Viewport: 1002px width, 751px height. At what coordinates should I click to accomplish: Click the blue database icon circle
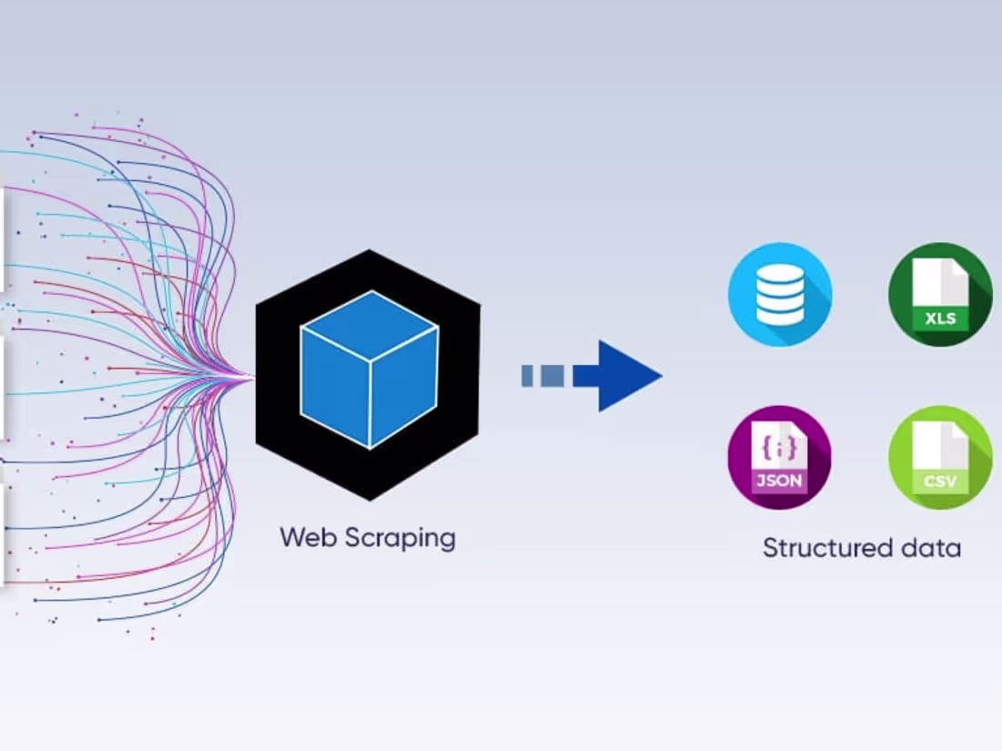780,294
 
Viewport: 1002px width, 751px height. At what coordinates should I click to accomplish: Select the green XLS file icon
940,294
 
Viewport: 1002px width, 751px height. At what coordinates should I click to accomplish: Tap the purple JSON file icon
779,457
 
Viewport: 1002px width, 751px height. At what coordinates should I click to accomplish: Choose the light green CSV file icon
940,457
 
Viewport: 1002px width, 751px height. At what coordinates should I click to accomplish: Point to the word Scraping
400,539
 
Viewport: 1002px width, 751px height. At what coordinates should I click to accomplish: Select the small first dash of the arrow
527,375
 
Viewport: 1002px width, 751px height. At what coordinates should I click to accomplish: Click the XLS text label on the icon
939,320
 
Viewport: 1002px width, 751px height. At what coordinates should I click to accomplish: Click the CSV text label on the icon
939,482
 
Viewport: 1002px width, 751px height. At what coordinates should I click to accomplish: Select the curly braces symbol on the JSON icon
780,447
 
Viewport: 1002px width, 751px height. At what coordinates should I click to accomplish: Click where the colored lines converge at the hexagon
253,376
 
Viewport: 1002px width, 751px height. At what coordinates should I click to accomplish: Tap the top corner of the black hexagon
368,251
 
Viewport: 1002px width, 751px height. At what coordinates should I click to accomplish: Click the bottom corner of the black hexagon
368,500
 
